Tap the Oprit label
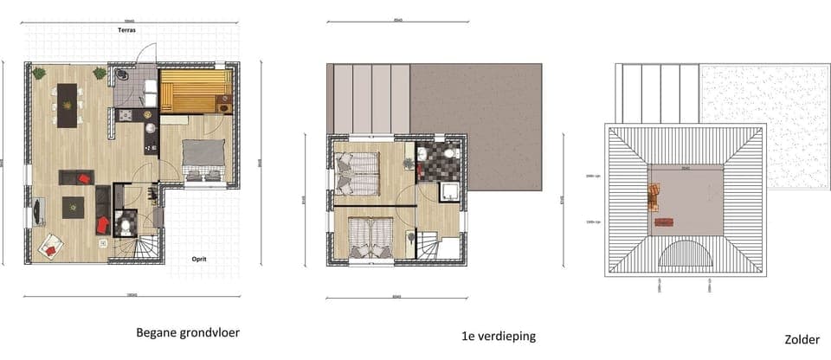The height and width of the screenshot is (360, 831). [x=203, y=258]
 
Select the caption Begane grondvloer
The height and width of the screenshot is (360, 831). [x=188, y=331]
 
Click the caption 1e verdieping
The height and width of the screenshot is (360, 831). [x=500, y=336]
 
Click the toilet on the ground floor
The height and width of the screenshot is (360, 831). [x=126, y=227]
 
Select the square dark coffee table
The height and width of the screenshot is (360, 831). [x=74, y=208]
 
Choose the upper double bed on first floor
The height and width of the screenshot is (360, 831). [x=358, y=171]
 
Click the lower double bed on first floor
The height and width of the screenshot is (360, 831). [x=370, y=234]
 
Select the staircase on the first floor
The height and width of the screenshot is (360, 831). [x=436, y=245]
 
